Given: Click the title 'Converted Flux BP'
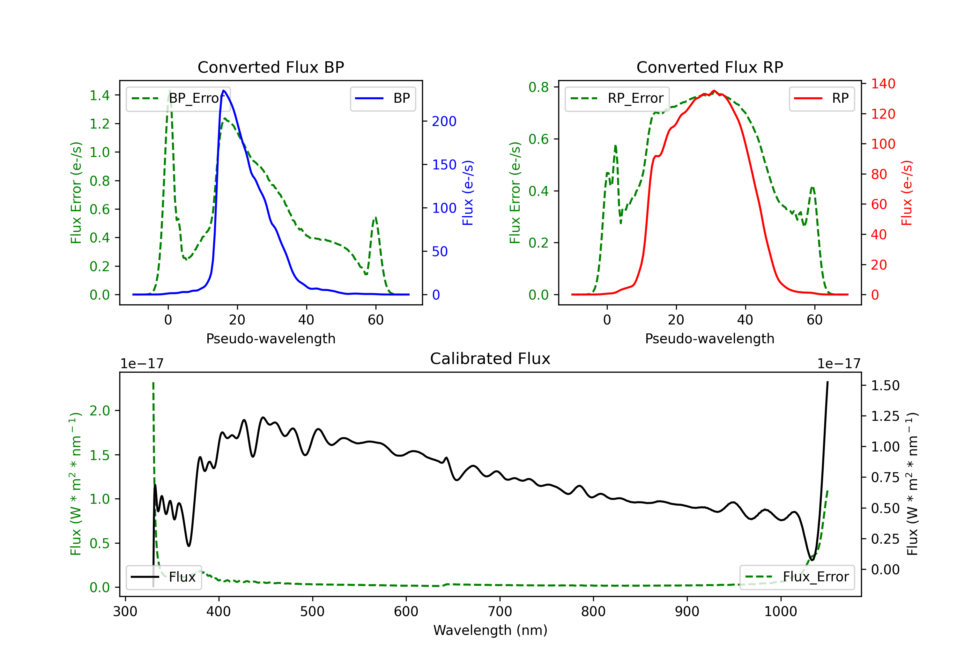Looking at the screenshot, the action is tap(271, 67).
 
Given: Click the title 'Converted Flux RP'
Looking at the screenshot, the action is tap(710, 67).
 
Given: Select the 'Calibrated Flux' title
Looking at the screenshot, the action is tap(490, 359).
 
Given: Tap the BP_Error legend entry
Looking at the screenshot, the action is tap(178, 98).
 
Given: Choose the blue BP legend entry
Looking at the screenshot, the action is tap(382, 98).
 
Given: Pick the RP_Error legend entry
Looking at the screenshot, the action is tap(617, 98).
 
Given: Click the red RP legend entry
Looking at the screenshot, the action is tap(821, 98).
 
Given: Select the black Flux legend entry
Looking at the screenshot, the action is tap(163, 577).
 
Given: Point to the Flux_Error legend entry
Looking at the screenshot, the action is tap(797, 577).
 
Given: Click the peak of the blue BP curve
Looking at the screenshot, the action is tap(224, 91).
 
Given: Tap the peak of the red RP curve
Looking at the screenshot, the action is tap(714, 91).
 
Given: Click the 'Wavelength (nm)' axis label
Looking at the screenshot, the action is tap(490, 630).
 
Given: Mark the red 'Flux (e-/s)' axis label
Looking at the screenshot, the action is tap(907, 193).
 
